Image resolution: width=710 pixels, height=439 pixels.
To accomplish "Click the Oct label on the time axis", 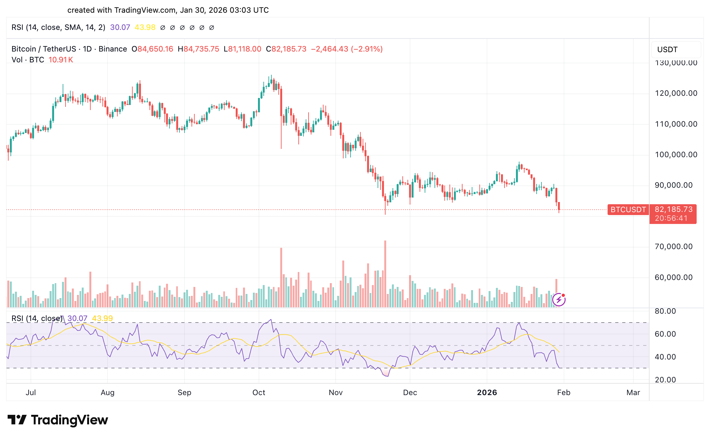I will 259,393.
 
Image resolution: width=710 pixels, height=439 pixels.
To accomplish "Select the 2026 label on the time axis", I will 487,393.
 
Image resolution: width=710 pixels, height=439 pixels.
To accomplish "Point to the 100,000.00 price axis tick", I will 676,155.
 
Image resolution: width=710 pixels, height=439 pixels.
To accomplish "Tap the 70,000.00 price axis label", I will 673,247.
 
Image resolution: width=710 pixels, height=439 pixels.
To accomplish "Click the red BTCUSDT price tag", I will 628,210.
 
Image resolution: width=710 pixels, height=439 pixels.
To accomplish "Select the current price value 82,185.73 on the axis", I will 673,209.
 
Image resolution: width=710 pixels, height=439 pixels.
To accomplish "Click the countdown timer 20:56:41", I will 671,218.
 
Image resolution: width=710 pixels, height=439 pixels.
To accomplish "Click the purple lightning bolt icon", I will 559,300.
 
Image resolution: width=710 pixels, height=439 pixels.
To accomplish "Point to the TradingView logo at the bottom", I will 58,420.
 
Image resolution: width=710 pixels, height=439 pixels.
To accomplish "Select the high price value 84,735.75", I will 201,49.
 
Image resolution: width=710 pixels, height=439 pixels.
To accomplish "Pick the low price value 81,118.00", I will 244,49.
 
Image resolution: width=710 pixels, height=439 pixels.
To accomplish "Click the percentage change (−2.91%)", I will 367,49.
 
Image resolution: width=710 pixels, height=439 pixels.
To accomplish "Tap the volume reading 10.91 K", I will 61,60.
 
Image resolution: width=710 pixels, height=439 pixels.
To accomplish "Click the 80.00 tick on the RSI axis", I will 665,311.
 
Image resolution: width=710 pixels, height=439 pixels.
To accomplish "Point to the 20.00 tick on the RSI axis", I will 665,380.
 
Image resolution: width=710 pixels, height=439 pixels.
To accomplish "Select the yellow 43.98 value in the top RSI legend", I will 145,27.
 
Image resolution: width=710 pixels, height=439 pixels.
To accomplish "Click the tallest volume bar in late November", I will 385,274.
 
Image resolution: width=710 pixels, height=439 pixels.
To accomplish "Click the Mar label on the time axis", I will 633,393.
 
